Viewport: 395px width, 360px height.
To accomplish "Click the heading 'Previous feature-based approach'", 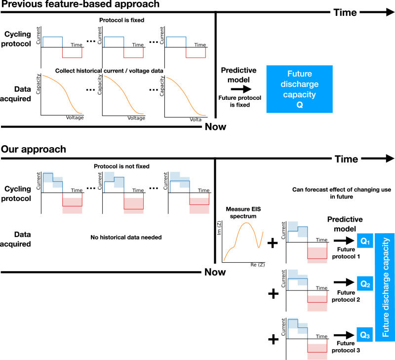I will point(80,5).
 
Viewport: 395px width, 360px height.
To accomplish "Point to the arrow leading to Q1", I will point(342,241).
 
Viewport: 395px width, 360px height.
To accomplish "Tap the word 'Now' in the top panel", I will point(215,127).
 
